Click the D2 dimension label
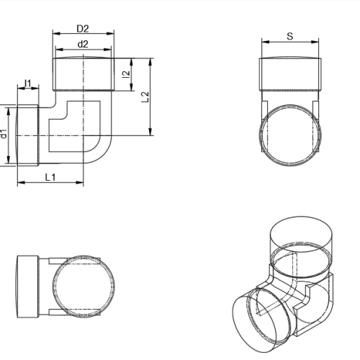83,29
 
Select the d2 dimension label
83,44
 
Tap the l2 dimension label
126,74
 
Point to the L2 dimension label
145,97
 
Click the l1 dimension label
28,84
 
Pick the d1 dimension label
4,134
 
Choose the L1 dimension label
50,177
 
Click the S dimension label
290,36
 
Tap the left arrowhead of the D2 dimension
56,34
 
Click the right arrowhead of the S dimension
315,42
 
